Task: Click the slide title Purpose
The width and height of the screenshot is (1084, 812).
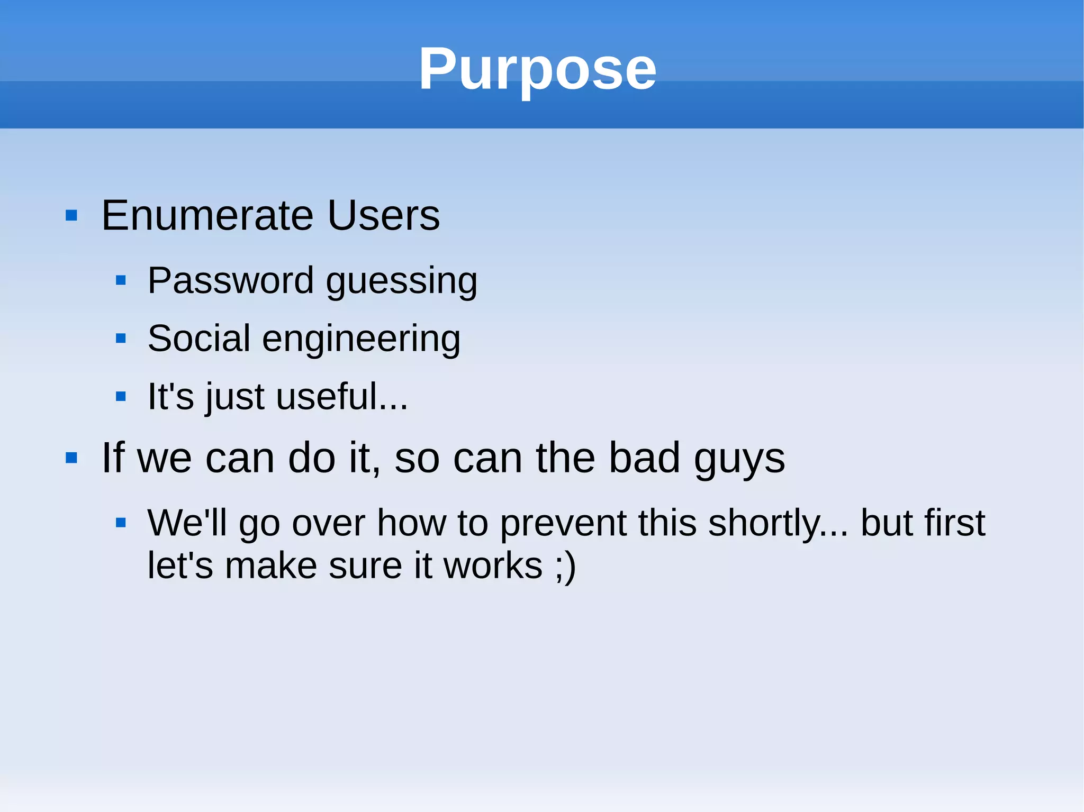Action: pos(537,69)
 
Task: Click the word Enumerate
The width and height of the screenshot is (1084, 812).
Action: pos(207,215)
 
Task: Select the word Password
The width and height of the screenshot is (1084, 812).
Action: pos(230,280)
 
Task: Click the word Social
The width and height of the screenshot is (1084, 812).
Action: pos(198,339)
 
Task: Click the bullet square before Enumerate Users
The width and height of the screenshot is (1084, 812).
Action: pos(71,216)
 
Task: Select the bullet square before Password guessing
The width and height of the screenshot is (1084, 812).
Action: pos(121,280)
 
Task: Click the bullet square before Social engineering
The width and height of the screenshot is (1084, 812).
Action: pos(121,338)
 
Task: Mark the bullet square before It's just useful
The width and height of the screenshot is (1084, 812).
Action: pos(121,396)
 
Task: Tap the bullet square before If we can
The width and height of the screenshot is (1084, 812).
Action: pos(71,458)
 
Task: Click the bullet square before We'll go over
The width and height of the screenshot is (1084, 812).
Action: pos(121,523)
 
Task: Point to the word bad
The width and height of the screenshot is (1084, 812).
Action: pos(644,458)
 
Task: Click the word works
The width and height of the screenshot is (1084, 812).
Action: pos(493,566)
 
